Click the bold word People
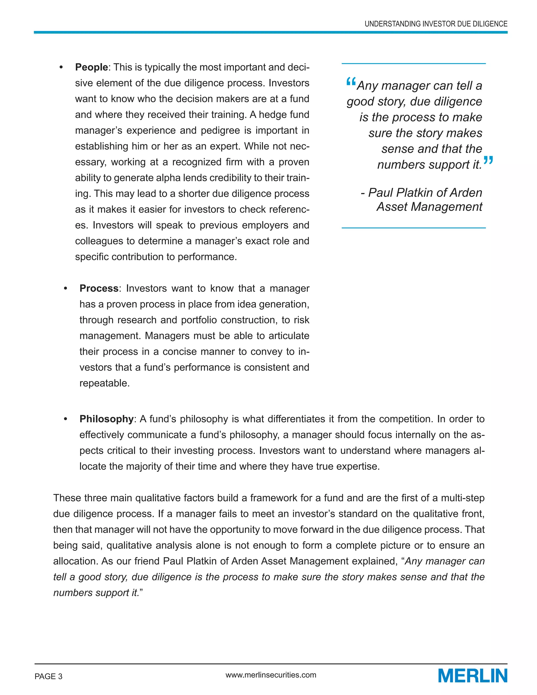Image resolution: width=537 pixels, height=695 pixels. (92, 67)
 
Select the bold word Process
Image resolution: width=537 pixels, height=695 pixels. (99, 288)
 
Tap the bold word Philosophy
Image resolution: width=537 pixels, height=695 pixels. (106, 419)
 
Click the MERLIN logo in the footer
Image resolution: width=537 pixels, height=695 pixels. (472, 675)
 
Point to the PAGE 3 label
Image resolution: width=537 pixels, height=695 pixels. (48, 676)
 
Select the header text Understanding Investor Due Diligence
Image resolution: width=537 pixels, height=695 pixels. (436, 24)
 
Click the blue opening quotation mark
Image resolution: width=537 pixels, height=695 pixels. (351, 82)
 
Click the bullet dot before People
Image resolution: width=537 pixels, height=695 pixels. (61, 67)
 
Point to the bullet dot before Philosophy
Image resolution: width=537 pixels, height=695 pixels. (66, 419)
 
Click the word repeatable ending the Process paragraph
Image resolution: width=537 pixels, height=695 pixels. (104, 383)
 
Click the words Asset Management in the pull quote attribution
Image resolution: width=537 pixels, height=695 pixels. (429, 207)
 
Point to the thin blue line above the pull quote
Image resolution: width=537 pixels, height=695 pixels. (414, 64)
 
